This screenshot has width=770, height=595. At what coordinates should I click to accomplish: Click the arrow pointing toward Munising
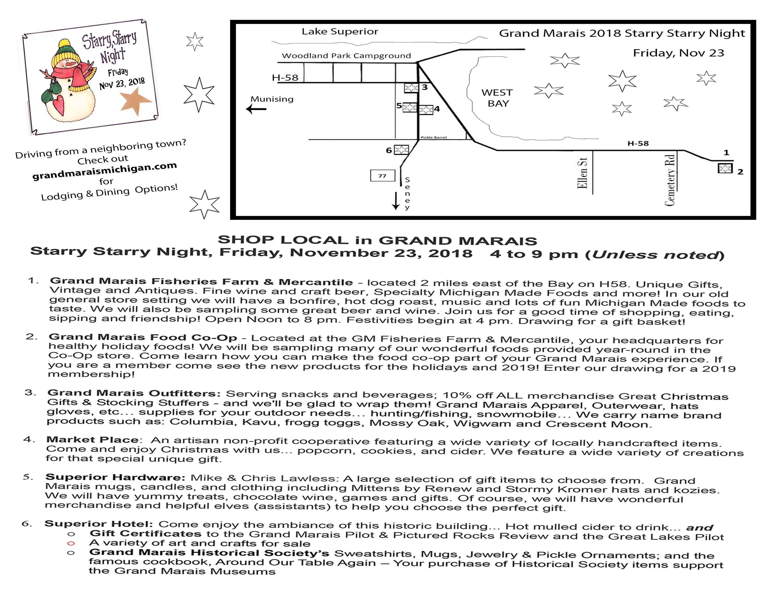pyautogui.click(x=256, y=109)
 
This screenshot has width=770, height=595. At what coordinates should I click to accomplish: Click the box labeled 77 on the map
pyautogui.click(x=382, y=175)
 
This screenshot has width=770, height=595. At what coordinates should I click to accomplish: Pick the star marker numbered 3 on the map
pyautogui.click(x=411, y=87)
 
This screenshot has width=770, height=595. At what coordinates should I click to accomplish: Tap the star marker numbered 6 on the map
pyautogui.click(x=401, y=150)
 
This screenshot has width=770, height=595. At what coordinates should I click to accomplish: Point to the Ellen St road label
pyautogui.click(x=582, y=173)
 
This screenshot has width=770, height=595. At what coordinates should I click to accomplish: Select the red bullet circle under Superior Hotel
pyautogui.click(x=71, y=543)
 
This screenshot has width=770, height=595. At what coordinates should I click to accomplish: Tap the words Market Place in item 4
pyautogui.click(x=92, y=440)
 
